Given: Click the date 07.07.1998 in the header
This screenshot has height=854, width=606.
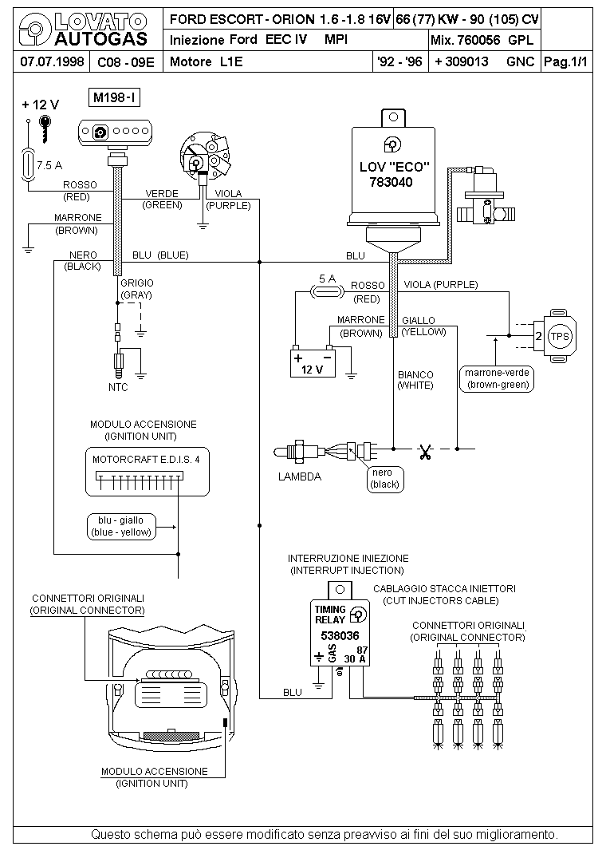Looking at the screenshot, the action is tap(52, 61).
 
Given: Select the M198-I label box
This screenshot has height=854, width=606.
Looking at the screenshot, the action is tap(114, 98).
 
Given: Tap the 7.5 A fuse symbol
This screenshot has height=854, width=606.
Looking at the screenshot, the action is tap(28, 163).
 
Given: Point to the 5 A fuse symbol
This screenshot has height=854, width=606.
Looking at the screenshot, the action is tap(327, 292).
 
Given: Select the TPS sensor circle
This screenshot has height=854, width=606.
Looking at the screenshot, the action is tap(559, 336).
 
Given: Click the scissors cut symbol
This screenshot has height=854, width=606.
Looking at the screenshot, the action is tap(425, 452).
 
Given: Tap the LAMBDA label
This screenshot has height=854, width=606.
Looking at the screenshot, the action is tap(300, 476).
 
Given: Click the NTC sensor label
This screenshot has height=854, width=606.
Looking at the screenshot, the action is tap(118, 387).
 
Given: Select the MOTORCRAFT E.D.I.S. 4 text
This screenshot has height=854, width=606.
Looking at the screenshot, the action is tap(146, 459).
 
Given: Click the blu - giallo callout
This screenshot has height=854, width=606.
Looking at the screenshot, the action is tap(121, 527).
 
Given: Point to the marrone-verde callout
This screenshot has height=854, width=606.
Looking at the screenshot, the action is tap(497, 378).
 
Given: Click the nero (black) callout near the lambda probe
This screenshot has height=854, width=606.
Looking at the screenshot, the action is tap(385, 479).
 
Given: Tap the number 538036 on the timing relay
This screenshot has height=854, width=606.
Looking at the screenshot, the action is tap(340, 635).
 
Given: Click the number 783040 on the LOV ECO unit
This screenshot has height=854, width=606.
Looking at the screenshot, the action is tap(392, 182).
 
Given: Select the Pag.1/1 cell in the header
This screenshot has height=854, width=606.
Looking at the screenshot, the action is tap(566, 61).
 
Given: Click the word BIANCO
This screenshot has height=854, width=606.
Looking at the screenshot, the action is tap(415, 374).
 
